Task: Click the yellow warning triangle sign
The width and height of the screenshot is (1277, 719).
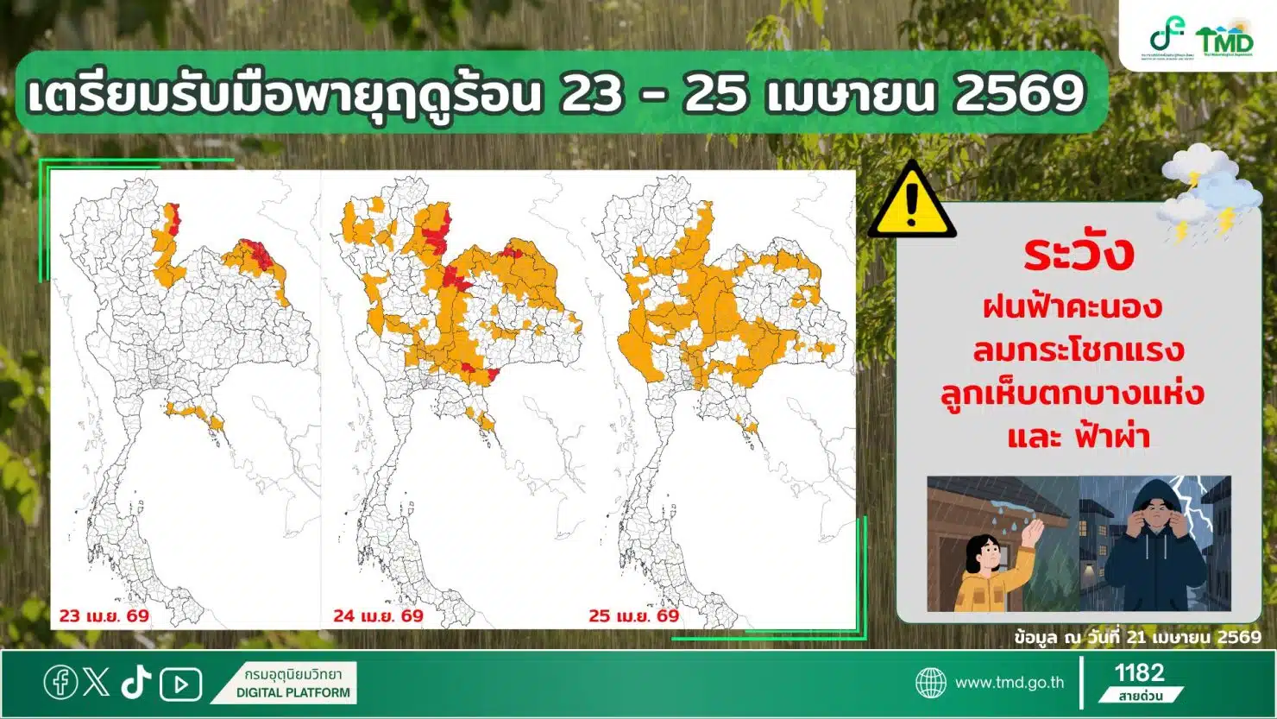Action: [x=911, y=203]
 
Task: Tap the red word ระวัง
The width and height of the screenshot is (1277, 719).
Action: [x=1079, y=253]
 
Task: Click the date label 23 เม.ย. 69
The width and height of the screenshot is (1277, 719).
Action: [x=104, y=616]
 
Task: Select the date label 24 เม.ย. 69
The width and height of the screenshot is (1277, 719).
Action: [x=378, y=616]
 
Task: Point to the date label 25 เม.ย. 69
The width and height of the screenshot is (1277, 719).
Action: [x=633, y=616]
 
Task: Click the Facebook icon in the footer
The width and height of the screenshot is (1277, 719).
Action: [x=60, y=683]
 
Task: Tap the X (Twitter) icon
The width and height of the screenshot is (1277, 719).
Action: [x=97, y=683]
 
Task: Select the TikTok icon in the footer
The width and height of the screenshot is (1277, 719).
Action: [x=135, y=683]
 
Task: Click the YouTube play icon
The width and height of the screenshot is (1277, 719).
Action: [x=180, y=684]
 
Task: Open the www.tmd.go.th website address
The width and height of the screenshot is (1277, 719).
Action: [x=1009, y=683]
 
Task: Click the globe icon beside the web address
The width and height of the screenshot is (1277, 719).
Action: [x=930, y=683]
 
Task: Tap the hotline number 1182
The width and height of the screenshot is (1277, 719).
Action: [x=1139, y=673]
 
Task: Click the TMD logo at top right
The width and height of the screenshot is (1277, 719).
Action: [x=1224, y=39]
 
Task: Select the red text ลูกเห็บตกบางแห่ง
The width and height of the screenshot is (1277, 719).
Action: [x=1072, y=394]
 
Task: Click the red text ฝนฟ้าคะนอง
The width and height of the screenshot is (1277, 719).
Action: [x=1072, y=307]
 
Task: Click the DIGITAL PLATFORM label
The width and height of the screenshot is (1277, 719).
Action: [x=293, y=692]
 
